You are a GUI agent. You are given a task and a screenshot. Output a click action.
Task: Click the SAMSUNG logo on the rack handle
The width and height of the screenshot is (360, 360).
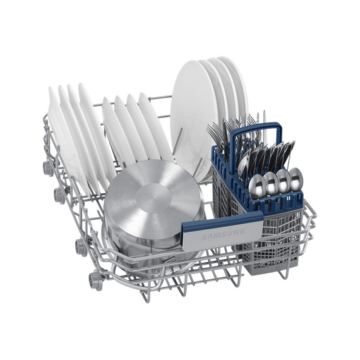223,234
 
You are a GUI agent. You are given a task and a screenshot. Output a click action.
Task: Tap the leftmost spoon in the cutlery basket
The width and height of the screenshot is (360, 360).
257,186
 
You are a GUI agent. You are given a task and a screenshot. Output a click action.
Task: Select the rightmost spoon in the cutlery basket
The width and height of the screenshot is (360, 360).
296,179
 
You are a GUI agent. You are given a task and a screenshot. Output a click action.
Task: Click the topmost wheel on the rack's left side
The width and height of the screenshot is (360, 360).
48,169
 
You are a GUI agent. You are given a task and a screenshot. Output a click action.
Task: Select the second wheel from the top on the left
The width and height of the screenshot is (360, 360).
59,196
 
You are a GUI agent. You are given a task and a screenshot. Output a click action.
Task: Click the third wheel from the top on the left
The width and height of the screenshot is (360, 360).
81,248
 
